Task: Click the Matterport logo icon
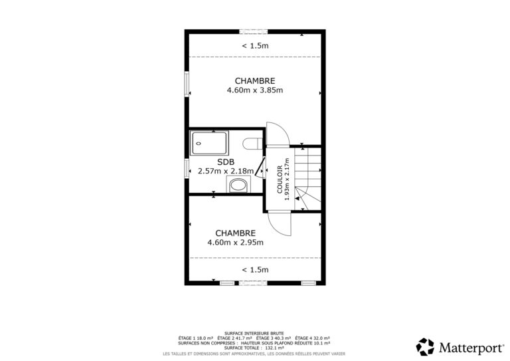tap(425, 346)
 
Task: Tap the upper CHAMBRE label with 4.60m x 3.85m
tap(255, 85)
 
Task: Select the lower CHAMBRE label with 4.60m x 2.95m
tap(236, 237)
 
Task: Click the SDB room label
tap(226, 162)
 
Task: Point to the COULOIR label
tap(280, 180)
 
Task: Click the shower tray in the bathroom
tap(209, 143)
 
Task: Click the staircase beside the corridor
tap(307, 179)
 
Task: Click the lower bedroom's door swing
tap(280, 223)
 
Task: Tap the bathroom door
tap(260, 168)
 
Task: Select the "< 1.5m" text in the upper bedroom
tap(255, 46)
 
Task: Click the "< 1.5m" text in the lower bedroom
tap(255, 269)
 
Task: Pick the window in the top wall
tap(254, 31)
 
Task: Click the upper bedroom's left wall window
tap(187, 84)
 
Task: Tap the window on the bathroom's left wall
tap(187, 168)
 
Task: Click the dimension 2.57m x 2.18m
tap(226, 171)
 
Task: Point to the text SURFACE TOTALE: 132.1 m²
tap(254, 348)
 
